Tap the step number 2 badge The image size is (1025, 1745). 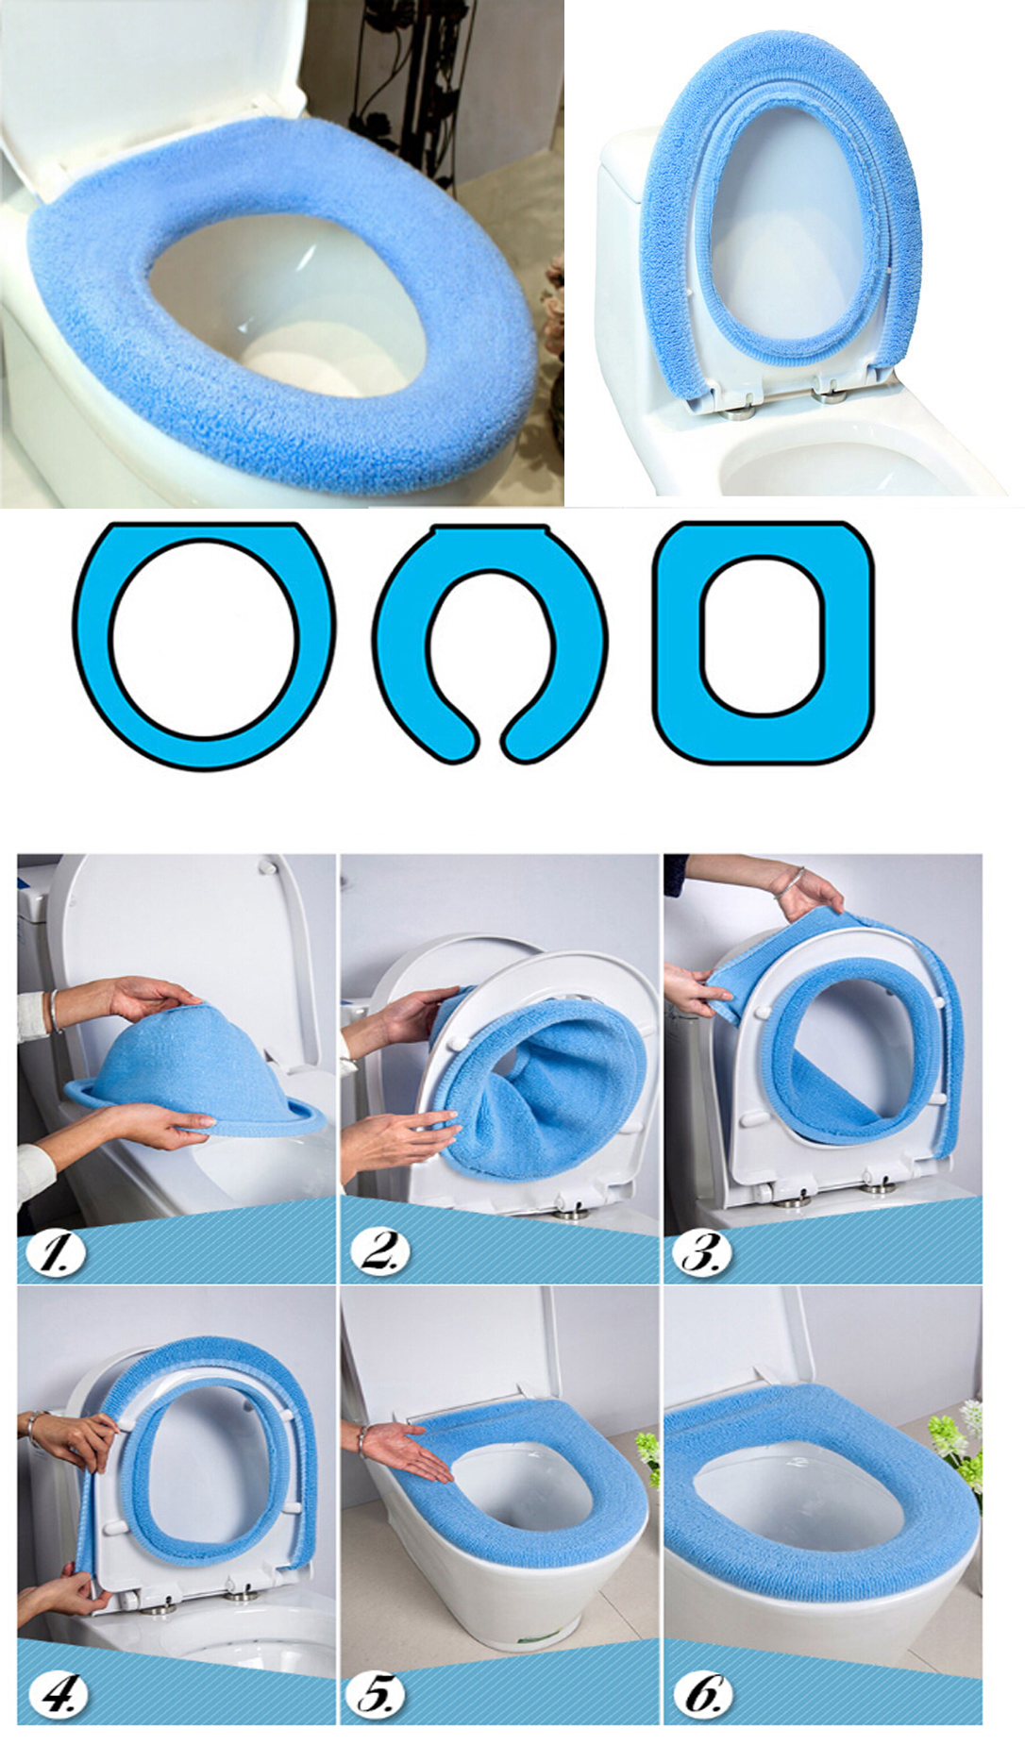click(x=379, y=1251)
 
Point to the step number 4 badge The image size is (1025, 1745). click(x=58, y=1694)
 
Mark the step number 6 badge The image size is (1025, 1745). click(x=703, y=1694)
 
